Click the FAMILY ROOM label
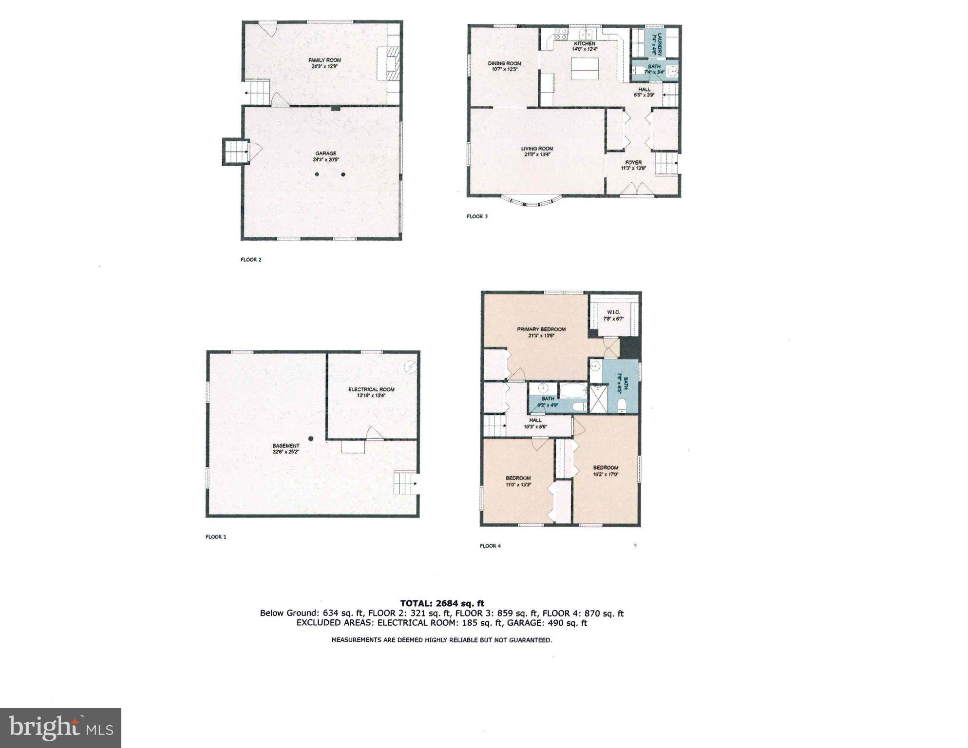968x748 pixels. (324, 60)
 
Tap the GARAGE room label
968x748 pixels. (325, 153)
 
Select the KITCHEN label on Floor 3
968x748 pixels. (584, 43)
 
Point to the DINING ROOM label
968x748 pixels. (504, 63)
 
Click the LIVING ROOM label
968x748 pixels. (537, 149)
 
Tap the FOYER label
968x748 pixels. (633, 162)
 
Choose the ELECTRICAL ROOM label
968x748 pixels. (371, 389)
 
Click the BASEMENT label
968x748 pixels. (286, 446)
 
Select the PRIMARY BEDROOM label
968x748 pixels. (541, 329)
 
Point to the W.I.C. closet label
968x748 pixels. (613, 312)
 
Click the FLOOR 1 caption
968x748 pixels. (216, 537)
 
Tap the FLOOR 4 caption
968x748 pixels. (490, 546)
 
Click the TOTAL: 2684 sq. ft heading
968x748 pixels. (442, 603)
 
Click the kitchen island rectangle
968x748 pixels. (586, 69)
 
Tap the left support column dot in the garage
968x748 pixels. (317, 174)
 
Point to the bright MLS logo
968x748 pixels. (61, 728)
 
